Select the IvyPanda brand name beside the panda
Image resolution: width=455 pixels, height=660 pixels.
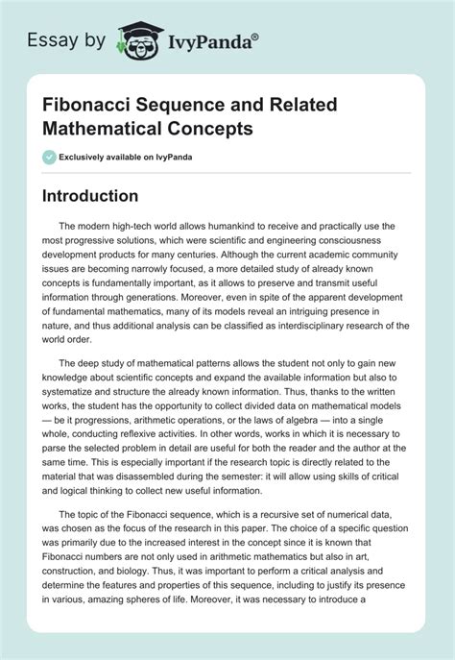point(209,41)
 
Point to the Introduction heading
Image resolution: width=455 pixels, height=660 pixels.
point(104,196)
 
